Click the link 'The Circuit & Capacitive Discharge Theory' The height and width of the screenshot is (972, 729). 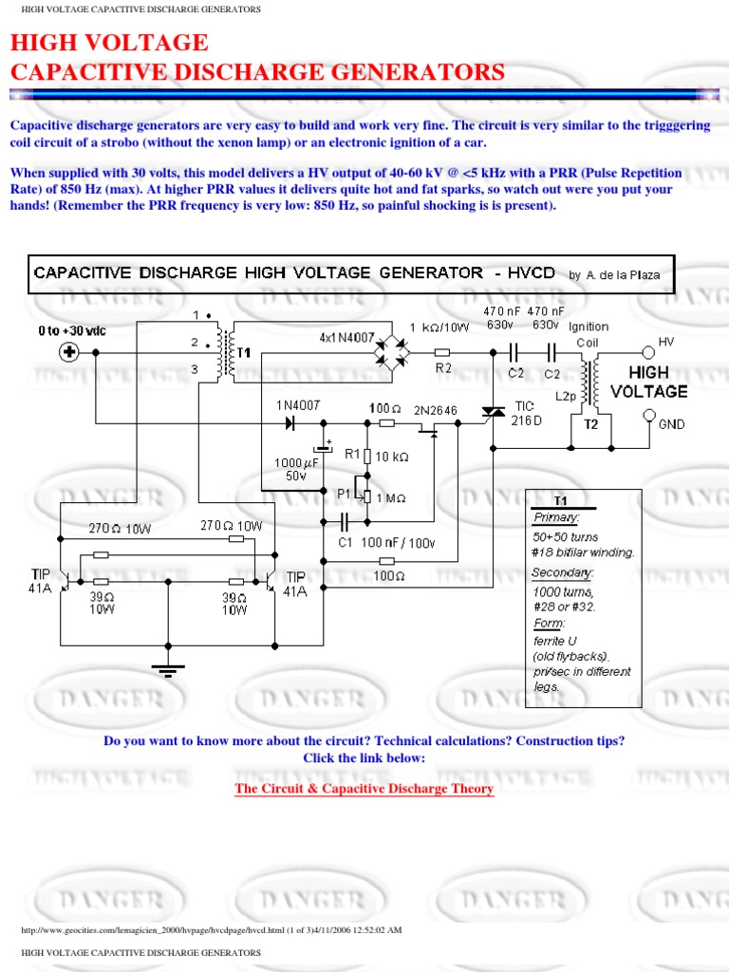point(364,789)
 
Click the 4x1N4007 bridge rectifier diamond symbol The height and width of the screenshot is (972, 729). point(390,352)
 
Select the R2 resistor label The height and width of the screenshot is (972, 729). point(443,368)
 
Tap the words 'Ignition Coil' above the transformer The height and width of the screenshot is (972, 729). point(588,333)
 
